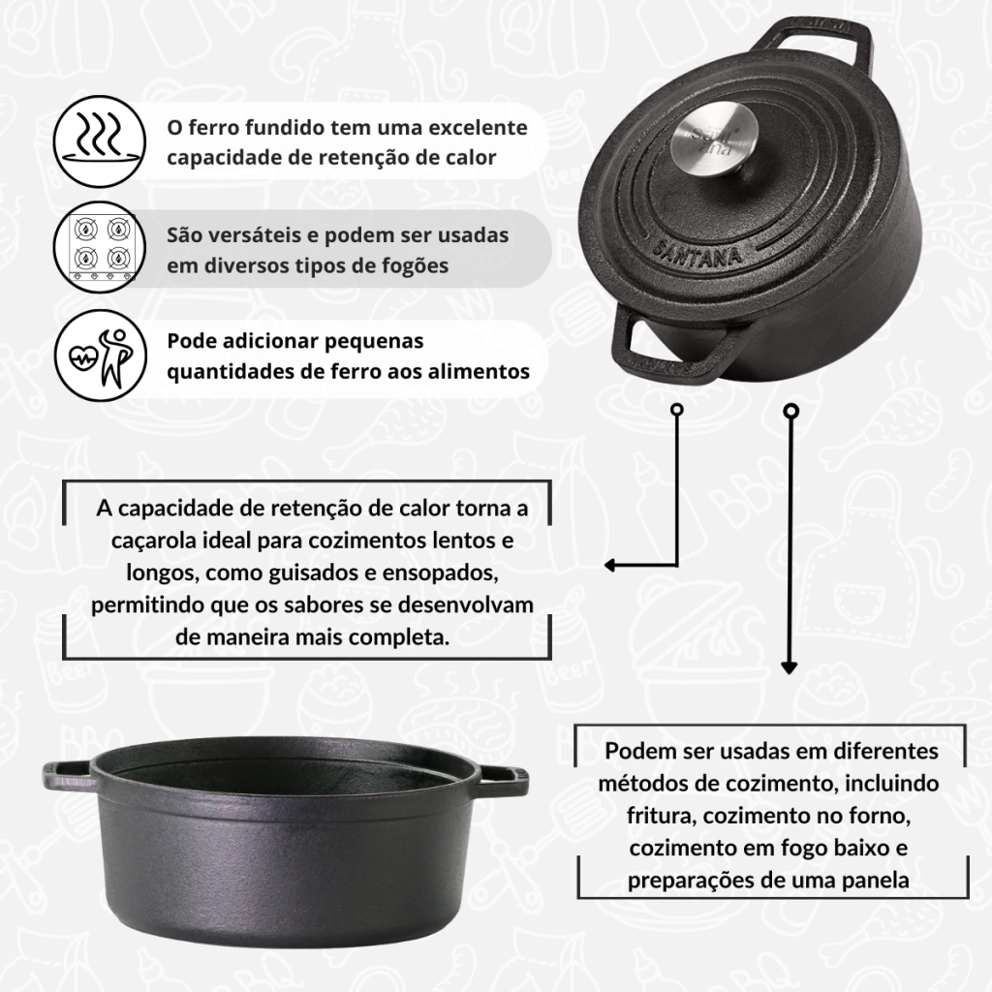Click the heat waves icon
(x=100, y=141)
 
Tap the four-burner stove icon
(x=100, y=247)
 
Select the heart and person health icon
(x=100, y=355)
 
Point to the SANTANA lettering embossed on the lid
(x=696, y=252)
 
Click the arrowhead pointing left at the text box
(x=610, y=565)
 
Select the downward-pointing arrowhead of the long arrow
(x=789, y=667)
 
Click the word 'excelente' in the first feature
(x=478, y=127)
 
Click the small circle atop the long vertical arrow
(x=790, y=412)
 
